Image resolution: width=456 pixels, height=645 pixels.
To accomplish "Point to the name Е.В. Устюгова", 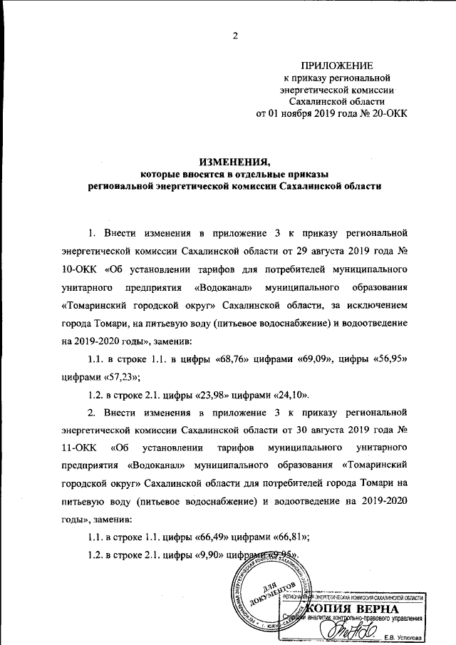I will click(402, 636).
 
